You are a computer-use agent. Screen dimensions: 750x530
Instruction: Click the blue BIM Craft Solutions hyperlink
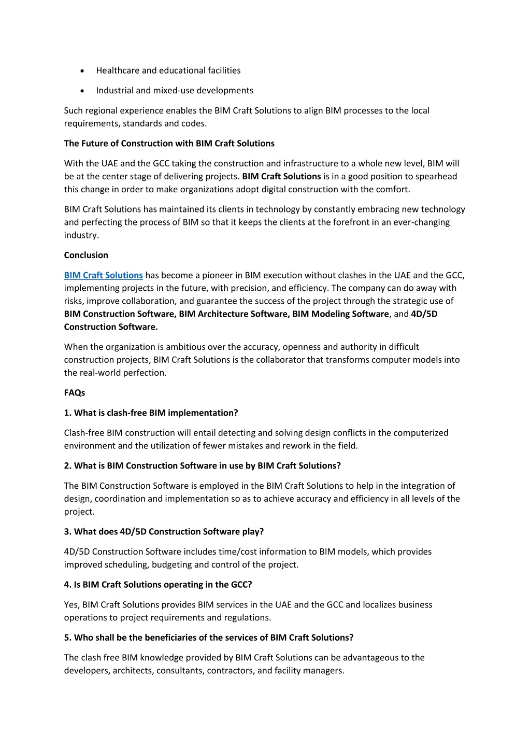pos(103,275)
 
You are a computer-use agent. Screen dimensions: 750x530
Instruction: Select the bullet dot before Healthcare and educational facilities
pos(82,71)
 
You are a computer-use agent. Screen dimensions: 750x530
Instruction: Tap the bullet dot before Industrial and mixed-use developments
pos(82,91)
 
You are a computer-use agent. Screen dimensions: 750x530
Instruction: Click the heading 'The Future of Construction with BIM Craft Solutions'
pos(169,144)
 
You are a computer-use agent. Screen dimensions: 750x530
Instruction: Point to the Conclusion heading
pos(86,255)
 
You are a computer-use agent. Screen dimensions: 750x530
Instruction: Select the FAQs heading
pos(75,393)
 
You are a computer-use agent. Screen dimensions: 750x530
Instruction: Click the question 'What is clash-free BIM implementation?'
pos(151,413)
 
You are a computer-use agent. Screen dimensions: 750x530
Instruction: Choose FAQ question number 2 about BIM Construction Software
pos(202,466)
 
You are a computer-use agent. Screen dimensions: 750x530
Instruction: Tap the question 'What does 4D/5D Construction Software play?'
pos(164,532)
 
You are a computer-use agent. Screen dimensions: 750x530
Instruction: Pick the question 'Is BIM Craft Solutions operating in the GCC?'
pos(158,585)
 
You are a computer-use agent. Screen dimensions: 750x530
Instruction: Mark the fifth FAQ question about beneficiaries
pos(208,638)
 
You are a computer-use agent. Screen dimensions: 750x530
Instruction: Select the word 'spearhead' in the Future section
pos(438,176)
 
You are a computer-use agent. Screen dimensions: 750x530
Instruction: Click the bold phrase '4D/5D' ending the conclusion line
pos(424,314)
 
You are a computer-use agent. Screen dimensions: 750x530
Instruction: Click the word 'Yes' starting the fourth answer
pos(71,605)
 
